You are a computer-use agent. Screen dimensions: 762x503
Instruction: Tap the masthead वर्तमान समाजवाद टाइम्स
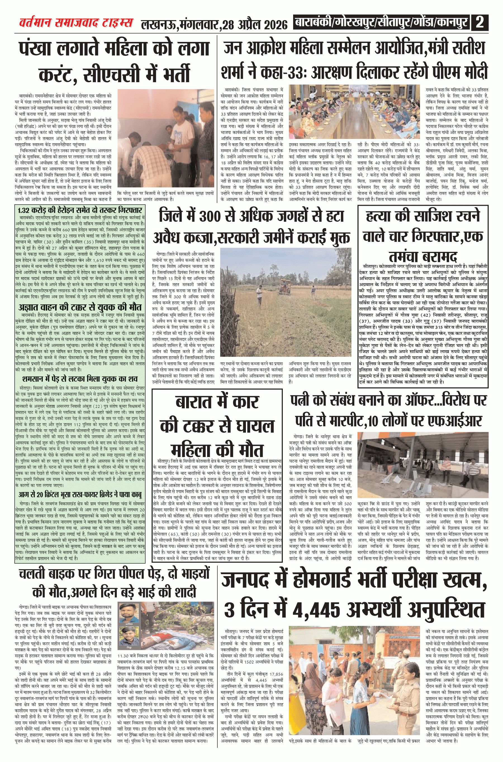(76, 23)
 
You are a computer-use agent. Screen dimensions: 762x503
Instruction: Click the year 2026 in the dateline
(274, 24)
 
